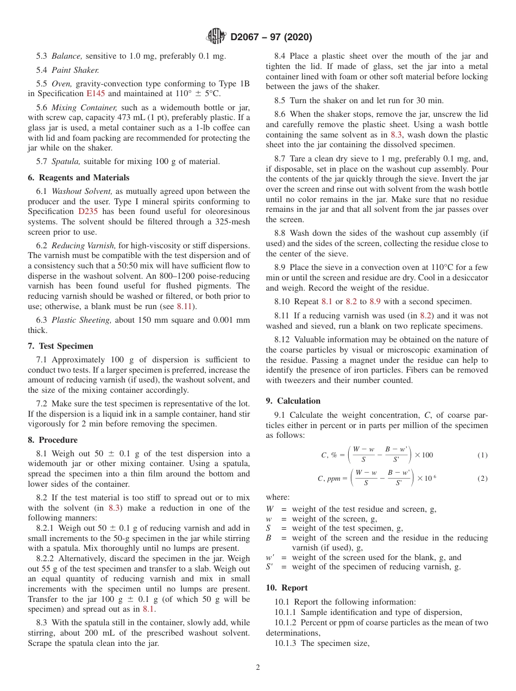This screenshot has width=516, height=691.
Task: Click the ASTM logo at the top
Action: point(216,37)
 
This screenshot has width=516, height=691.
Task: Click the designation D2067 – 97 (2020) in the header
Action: point(271,37)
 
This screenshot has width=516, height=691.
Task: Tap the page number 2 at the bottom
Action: point(257,668)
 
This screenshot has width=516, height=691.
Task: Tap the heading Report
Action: point(294,588)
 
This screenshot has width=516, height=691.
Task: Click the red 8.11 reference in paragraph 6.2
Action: point(185,306)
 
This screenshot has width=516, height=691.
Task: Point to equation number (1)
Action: point(482,455)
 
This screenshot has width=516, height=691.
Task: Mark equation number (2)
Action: point(482,479)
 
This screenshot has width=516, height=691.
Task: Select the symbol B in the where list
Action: point(268,538)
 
